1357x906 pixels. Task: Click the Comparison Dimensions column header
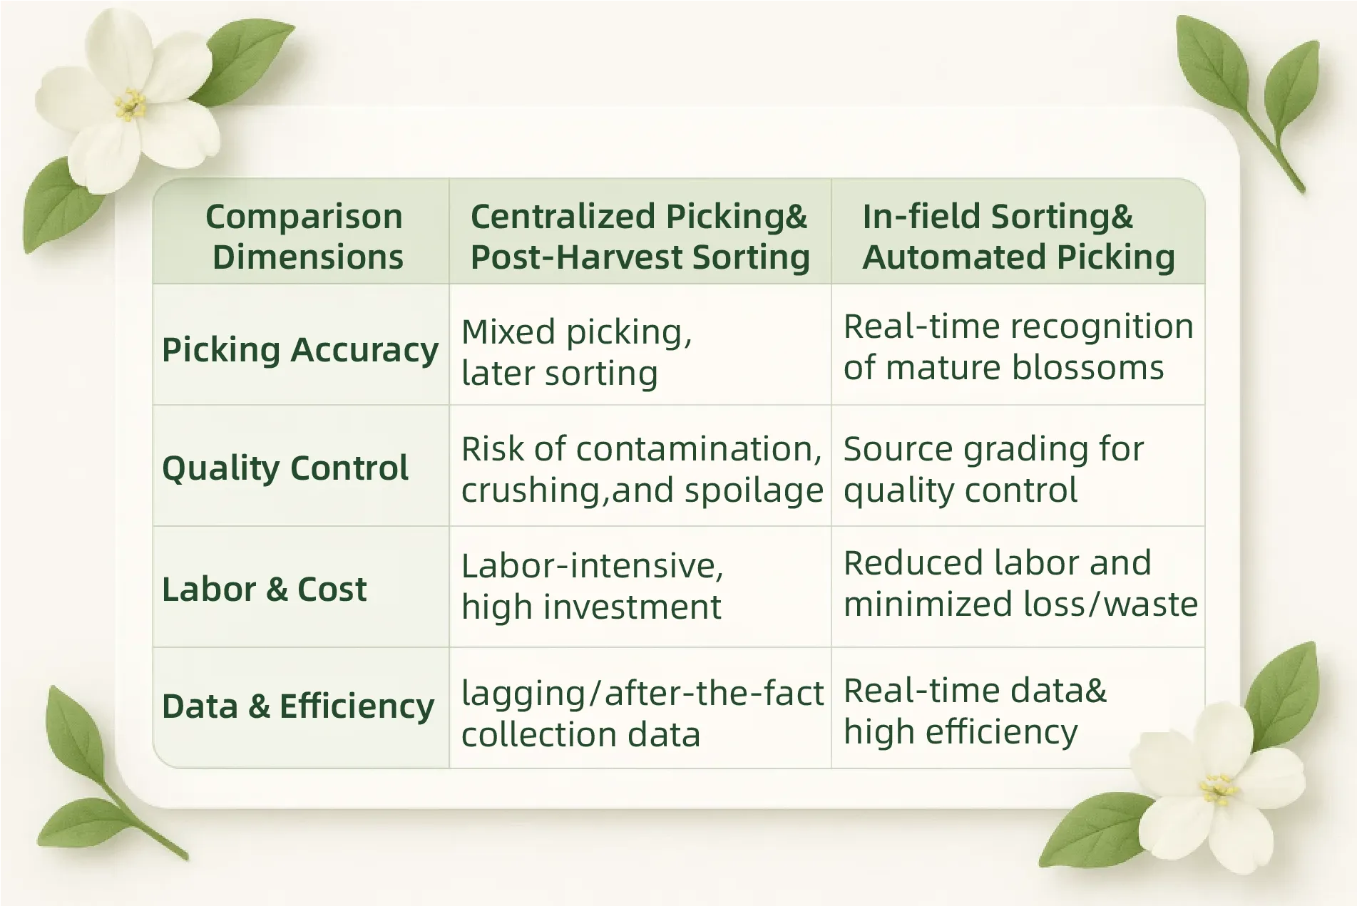304,237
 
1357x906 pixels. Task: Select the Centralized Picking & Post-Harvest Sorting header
640,237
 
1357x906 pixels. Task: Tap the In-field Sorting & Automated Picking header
1018,237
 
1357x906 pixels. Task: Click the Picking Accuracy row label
300,350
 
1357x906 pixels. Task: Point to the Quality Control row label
285,468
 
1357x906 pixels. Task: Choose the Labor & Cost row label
265,589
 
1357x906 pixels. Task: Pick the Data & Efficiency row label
298,707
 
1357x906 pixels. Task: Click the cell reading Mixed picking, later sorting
577,353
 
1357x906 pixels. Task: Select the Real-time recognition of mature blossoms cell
1018,347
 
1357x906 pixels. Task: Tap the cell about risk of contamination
642,470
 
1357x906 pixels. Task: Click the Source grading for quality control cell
993,470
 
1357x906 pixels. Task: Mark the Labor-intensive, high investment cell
592,587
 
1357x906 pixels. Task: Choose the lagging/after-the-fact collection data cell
642,714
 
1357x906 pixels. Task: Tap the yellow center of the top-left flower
130,105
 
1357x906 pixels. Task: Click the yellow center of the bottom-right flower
1218,790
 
